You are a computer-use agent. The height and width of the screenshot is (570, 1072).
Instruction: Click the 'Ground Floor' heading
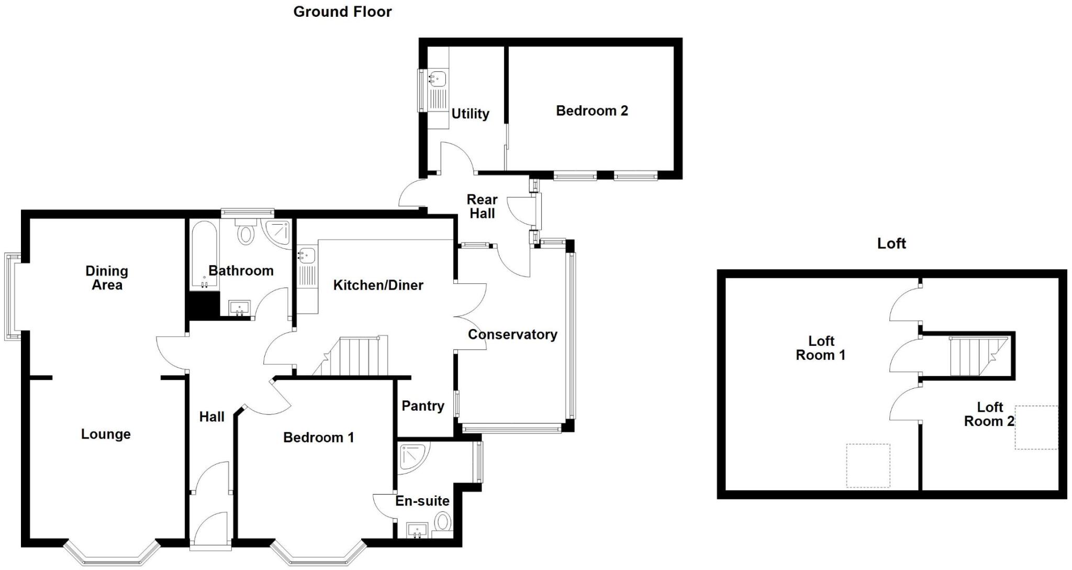click(342, 12)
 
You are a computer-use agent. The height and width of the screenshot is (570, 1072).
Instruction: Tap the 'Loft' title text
click(891, 243)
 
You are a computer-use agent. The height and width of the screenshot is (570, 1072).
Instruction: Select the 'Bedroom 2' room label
click(591, 111)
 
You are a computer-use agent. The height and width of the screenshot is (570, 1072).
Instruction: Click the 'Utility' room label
click(470, 114)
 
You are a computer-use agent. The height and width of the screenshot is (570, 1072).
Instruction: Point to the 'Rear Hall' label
click(482, 206)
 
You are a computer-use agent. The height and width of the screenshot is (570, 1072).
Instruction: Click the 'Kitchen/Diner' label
click(378, 285)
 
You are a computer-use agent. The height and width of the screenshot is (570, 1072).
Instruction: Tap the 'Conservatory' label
click(512, 334)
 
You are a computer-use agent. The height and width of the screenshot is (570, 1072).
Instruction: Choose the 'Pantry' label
click(422, 405)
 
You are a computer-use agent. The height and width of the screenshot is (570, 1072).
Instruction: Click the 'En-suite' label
click(422, 501)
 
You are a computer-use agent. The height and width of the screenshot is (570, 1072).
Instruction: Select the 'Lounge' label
click(106, 434)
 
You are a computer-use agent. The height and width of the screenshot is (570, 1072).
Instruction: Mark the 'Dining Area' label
click(107, 278)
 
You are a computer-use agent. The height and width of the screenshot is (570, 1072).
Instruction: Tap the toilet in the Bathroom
click(245, 231)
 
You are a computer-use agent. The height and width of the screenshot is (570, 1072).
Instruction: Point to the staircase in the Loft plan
click(977, 356)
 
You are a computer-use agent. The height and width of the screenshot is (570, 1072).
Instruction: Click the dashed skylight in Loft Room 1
click(868, 465)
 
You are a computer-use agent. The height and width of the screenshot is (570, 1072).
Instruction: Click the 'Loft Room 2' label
click(989, 414)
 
